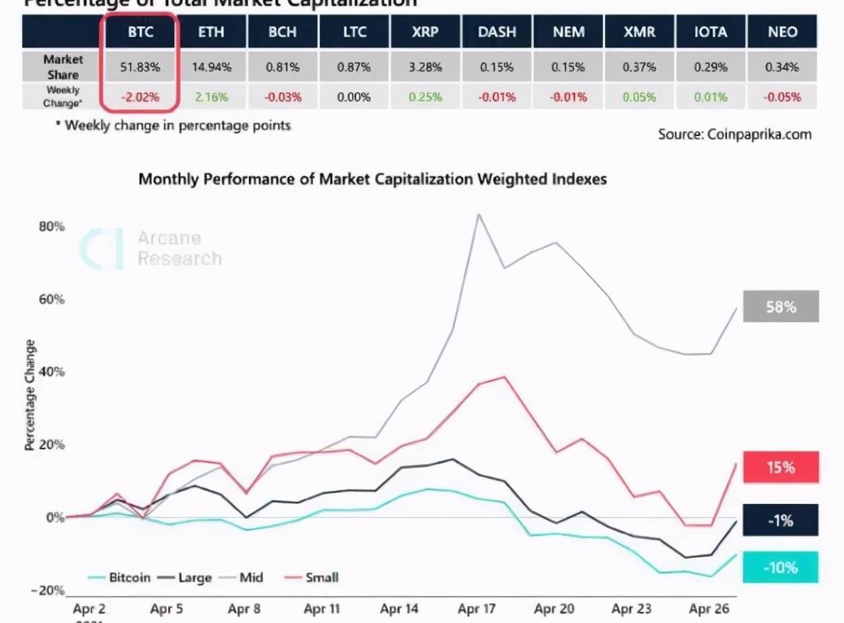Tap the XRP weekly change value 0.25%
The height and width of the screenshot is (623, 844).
(425, 97)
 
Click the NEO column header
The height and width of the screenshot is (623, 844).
(782, 32)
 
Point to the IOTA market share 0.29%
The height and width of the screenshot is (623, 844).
(711, 67)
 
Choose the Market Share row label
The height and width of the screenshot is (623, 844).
(63, 67)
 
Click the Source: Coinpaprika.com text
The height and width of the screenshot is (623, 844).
(734, 134)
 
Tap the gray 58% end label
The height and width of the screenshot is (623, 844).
(781, 307)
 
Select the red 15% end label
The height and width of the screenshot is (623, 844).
(781, 467)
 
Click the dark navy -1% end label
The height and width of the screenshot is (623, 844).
(781, 520)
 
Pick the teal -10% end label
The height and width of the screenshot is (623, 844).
(781, 567)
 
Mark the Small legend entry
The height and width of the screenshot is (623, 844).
(313, 577)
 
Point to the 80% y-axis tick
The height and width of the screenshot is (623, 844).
(51, 226)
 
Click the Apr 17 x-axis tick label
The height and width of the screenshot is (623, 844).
(477, 610)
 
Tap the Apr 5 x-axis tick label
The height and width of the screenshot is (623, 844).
(166, 610)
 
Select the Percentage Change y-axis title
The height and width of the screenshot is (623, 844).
(30, 395)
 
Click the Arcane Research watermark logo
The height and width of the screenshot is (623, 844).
(101, 249)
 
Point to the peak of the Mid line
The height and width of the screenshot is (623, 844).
(479, 215)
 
